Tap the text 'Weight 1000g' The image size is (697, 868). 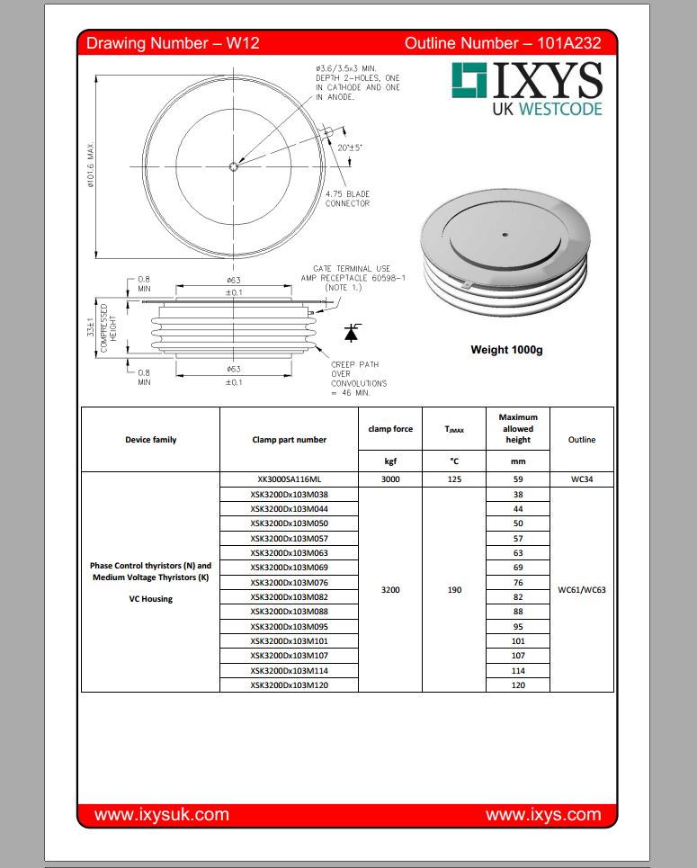tap(506, 350)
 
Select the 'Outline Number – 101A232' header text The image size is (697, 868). tap(503, 42)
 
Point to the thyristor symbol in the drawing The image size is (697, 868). tap(351, 333)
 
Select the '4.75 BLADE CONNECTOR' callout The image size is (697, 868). tap(347, 199)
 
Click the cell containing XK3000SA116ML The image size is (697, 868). tap(289, 479)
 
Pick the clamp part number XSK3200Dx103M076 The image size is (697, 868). tap(289, 582)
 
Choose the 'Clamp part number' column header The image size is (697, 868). tap(289, 440)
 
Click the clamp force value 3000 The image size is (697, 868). tap(390, 479)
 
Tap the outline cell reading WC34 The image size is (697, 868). tap(581, 479)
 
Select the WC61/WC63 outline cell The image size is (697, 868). tap(581, 590)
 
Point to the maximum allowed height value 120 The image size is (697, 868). tap(517, 685)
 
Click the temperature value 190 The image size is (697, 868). tap(453, 590)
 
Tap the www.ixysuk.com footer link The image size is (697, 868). tap(162, 815)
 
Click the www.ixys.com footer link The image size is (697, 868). tap(542, 815)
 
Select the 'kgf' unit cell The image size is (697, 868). tap(390, 461)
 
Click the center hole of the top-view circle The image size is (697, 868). tap(234, 165)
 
